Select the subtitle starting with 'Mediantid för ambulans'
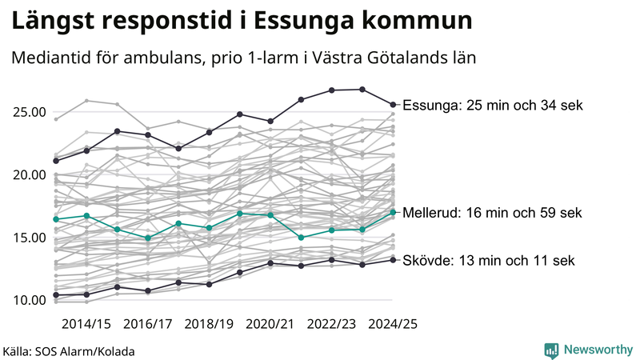[x=244, y=58]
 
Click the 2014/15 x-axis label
[x=86, y=323]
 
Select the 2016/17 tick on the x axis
[x=148, y=323]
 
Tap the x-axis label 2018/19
[x=209, y=323]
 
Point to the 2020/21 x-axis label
[x=270, y=323]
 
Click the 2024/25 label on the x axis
[x=392, y=323]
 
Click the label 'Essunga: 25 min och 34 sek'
[x=493, y=106]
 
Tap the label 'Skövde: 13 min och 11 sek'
[x=488, y=261]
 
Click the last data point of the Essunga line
[x=393, y=104]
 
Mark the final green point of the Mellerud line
[x=393, y=212]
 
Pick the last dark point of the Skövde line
[x=393, y=259]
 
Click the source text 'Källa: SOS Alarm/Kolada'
[x=69, y=350]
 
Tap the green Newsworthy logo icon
[x=551, y=350]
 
